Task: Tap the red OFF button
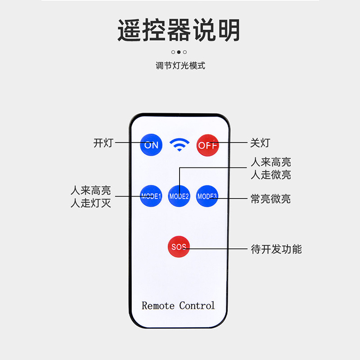coord(207,145)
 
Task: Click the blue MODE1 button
coord(151,196)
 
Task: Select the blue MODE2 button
coord(179,196)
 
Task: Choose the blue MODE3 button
coord(207,196)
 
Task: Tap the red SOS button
coord(179,247)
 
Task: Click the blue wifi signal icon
coord(179,144)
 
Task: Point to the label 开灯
coord(103,144)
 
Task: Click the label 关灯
coord(260,144)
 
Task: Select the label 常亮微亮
coord(270,199)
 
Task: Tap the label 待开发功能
coord(276,249)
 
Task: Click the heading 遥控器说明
coord(179,31)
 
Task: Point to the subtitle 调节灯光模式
coord(180,66)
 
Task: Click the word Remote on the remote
coord(158,306)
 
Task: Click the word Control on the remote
coord(197,306)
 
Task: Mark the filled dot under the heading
coord(179,52)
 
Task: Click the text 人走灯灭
coord(91,203)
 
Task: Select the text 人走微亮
coord(270,175)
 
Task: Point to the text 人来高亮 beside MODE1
coord(91,190)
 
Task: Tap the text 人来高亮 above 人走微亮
coord(270,162)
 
